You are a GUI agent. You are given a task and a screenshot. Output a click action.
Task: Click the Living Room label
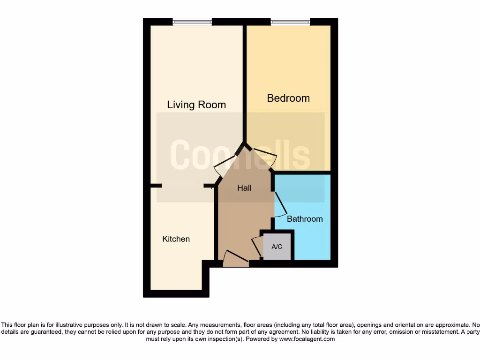[x=196, y=105]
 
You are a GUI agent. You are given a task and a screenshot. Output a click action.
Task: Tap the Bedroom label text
[x=288, y=98]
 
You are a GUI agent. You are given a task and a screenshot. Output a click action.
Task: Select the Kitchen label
[x=176, y=239]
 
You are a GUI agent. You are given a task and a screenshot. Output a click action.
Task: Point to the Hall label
[x=244, y=188]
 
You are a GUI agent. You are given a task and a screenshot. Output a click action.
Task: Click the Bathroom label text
[x=305, y=219]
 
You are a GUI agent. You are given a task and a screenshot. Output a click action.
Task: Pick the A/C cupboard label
[x=277, y=247]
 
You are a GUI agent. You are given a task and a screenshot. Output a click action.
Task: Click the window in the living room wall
[x=192, y=22]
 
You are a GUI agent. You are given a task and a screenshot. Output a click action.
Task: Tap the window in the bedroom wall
[x=290, y=22]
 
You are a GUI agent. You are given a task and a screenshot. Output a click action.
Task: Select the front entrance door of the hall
[x=236, y=259]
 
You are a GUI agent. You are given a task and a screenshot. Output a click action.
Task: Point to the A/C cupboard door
[x=257, y=247]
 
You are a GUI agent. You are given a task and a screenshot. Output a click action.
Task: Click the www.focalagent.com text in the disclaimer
[x=307, y=339]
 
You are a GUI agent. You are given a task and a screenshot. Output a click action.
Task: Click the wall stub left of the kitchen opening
[x=156, y=186]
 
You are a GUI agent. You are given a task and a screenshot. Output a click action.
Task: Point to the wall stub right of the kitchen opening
[x=210, y=186]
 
